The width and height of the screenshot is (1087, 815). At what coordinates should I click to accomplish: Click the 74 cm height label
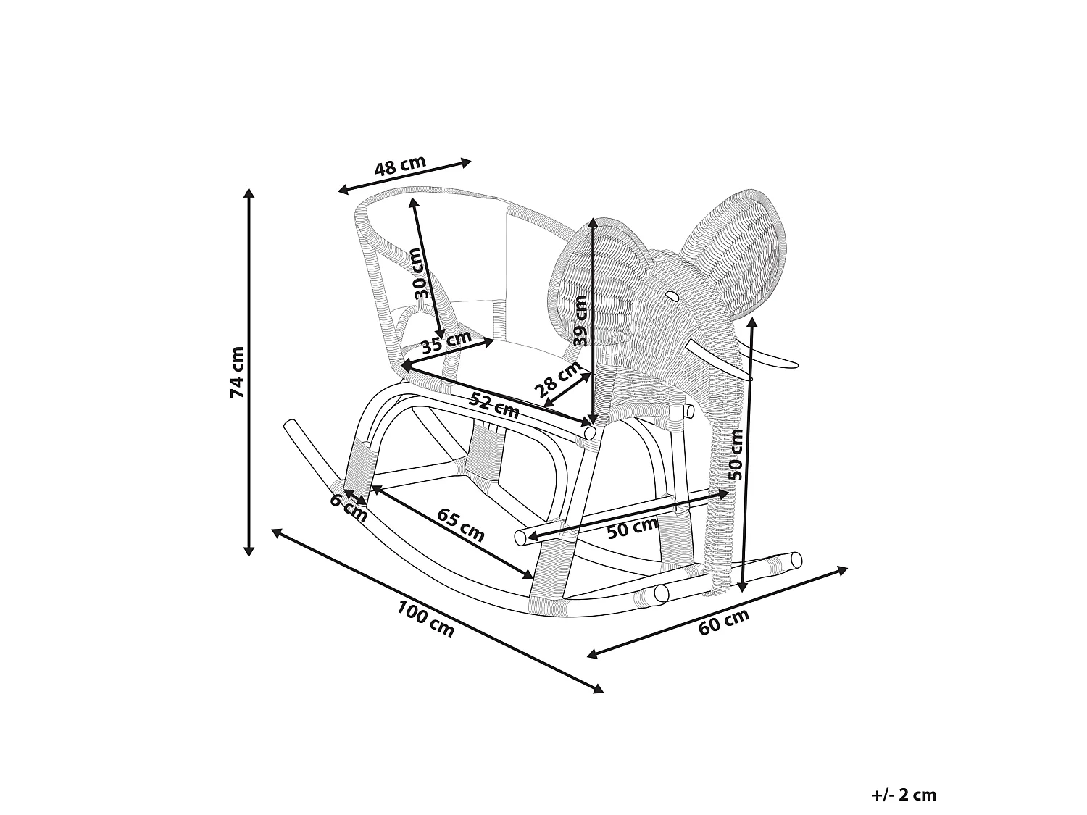click(237, 372)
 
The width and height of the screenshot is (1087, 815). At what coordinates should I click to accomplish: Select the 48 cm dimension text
click(400, 166)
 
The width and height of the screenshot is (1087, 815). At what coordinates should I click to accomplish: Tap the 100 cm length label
click(425, 618)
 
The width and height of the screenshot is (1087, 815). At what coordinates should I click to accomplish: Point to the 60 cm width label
click(723, 622)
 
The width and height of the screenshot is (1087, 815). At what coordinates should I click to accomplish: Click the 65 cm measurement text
click(461, 524)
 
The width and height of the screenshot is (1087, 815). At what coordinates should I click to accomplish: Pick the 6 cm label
click(349, 508)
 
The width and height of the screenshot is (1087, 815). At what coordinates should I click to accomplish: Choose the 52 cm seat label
click(494, 404)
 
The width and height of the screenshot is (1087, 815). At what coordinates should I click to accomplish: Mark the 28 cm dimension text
click(558, 379)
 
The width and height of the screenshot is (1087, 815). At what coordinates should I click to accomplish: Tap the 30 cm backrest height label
click(423, 272)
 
